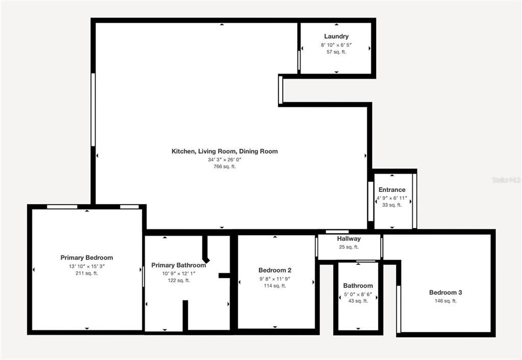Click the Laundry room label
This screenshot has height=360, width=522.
[336, 36]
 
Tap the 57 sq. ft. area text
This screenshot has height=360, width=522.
[336, 52]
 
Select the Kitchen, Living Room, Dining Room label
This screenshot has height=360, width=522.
[225, 151]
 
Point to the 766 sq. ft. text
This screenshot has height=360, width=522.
[225, 166]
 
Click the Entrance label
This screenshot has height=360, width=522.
[392, 190]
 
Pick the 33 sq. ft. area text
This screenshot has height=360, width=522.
[392, 205]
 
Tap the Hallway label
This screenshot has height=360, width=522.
[349, 239]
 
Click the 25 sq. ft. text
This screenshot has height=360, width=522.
[349, 247]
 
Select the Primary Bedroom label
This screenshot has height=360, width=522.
[87, 258]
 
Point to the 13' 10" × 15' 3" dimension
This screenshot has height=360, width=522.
[87, 266]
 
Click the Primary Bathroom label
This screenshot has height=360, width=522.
[179, 266]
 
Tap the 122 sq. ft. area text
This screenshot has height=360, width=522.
[179, 280]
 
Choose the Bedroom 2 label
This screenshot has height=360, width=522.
[275, 270]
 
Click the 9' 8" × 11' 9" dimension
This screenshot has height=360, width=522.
[275, 279]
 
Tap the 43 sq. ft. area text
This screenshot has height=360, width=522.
[358, 301]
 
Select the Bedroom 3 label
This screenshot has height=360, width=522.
[445, 293]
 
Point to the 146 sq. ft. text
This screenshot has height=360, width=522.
[445, 301]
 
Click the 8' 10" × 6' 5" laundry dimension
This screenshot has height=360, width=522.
[336, 45]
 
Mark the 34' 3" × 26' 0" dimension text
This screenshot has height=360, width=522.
[225, 159]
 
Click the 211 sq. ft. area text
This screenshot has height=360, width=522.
[87, 273]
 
